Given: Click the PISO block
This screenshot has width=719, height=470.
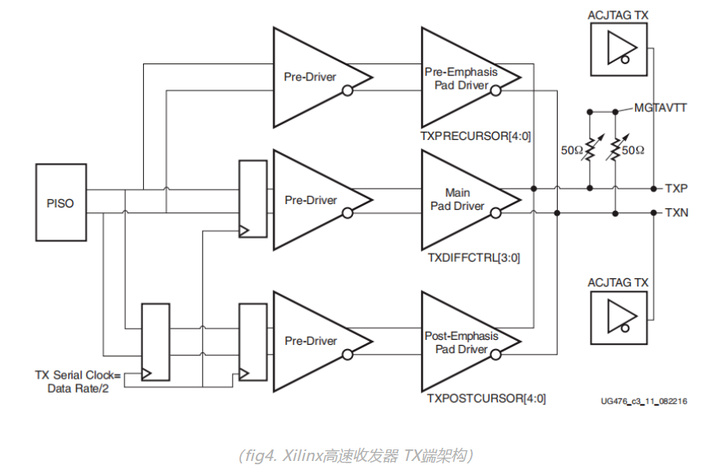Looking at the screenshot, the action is pyautogui.click(x=61, y=202).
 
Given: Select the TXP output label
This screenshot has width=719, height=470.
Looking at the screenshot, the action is pyautogui.click(x=676, y=188).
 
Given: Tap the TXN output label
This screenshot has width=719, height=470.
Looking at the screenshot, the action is pyautogui.click(x=677, y=212).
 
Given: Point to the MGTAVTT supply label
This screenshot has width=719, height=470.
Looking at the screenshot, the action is pyautogui.click(x=661, y=108).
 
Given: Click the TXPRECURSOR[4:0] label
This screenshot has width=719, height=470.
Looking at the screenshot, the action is pyautogui.click(x=475, y=137).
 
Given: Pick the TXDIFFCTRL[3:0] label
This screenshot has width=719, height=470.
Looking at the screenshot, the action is pyautogui.click(x=474, y=258).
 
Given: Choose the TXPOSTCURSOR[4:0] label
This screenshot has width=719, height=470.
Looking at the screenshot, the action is pyautogui.click(x=486, y=398).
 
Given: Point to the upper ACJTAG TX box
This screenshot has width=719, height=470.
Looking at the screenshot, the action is pyautogui.click(x=619, y=49).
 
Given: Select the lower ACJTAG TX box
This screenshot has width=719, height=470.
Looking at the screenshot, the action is pyautogui.click(x=619, y=317).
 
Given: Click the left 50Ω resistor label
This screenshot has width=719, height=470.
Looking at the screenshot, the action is pyautogui.click(x=572, y=151).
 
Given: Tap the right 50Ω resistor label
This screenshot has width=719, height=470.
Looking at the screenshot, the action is pyautogui.click(x=633, y=151).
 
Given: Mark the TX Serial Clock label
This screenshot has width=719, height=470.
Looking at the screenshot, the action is pyautogui.click(x=78, y=382).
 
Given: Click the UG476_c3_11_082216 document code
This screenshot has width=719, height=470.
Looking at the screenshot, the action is pyautogui.click(x=644, y=401).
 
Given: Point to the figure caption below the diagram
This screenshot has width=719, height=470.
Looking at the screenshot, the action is pyautogui.click(x=356, y=456).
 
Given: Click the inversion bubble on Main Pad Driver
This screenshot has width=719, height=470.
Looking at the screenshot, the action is pyautogui.click(x=496, y=213).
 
